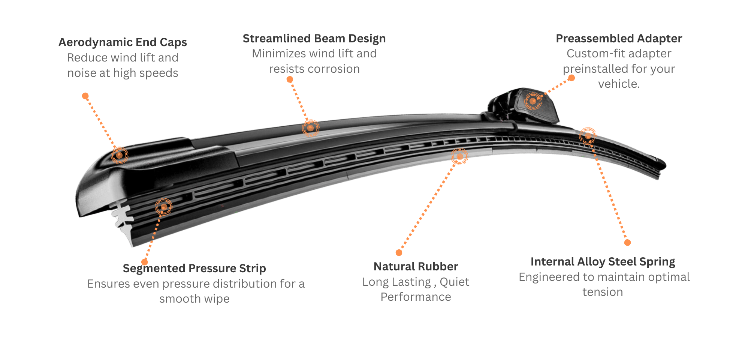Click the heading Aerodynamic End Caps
(x=123, y=42)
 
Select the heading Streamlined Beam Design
(x=314, y=39)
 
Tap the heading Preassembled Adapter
(x=619, y=39)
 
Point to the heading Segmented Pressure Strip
(x=194, y=268)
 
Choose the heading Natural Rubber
(x=416, y=267)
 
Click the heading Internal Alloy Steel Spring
(x=603, y=262)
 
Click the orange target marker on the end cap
(x=120, y=154)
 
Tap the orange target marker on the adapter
(x=533, y=101)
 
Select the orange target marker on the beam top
(x=310, y=128)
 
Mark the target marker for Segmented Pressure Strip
(x=164, y=207)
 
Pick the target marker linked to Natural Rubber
(x=459, y=156)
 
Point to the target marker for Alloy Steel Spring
(x=587, y=135)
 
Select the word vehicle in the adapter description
(x=618, y=84)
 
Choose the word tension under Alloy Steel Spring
(x=603, y=292)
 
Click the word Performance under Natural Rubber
(x=416, y=297)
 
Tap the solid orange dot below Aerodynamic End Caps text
(x=85, y=96)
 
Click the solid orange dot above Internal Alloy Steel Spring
(x=627, y=243)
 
